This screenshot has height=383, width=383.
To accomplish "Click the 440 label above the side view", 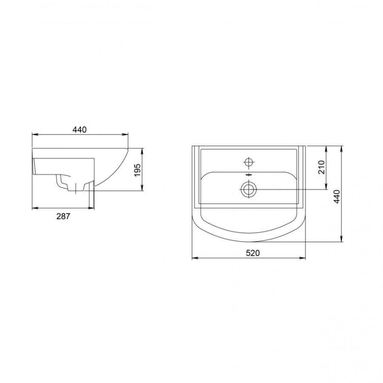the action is [79, 130].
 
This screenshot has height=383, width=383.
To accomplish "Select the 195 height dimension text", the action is [137, 170].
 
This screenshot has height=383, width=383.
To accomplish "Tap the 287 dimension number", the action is [63, 216].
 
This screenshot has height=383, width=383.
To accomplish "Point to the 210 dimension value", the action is [322, 167].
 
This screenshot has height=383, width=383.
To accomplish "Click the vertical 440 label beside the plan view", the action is [337, 196].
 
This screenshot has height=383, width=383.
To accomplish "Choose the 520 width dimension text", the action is [253, 253].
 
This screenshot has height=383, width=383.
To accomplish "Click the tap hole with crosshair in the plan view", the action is [249, 162].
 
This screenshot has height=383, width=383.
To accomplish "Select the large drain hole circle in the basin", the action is [248, 189].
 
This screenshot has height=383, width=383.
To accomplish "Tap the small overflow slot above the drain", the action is [248, 175].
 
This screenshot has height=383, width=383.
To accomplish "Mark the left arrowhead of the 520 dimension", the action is [195, 258].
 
